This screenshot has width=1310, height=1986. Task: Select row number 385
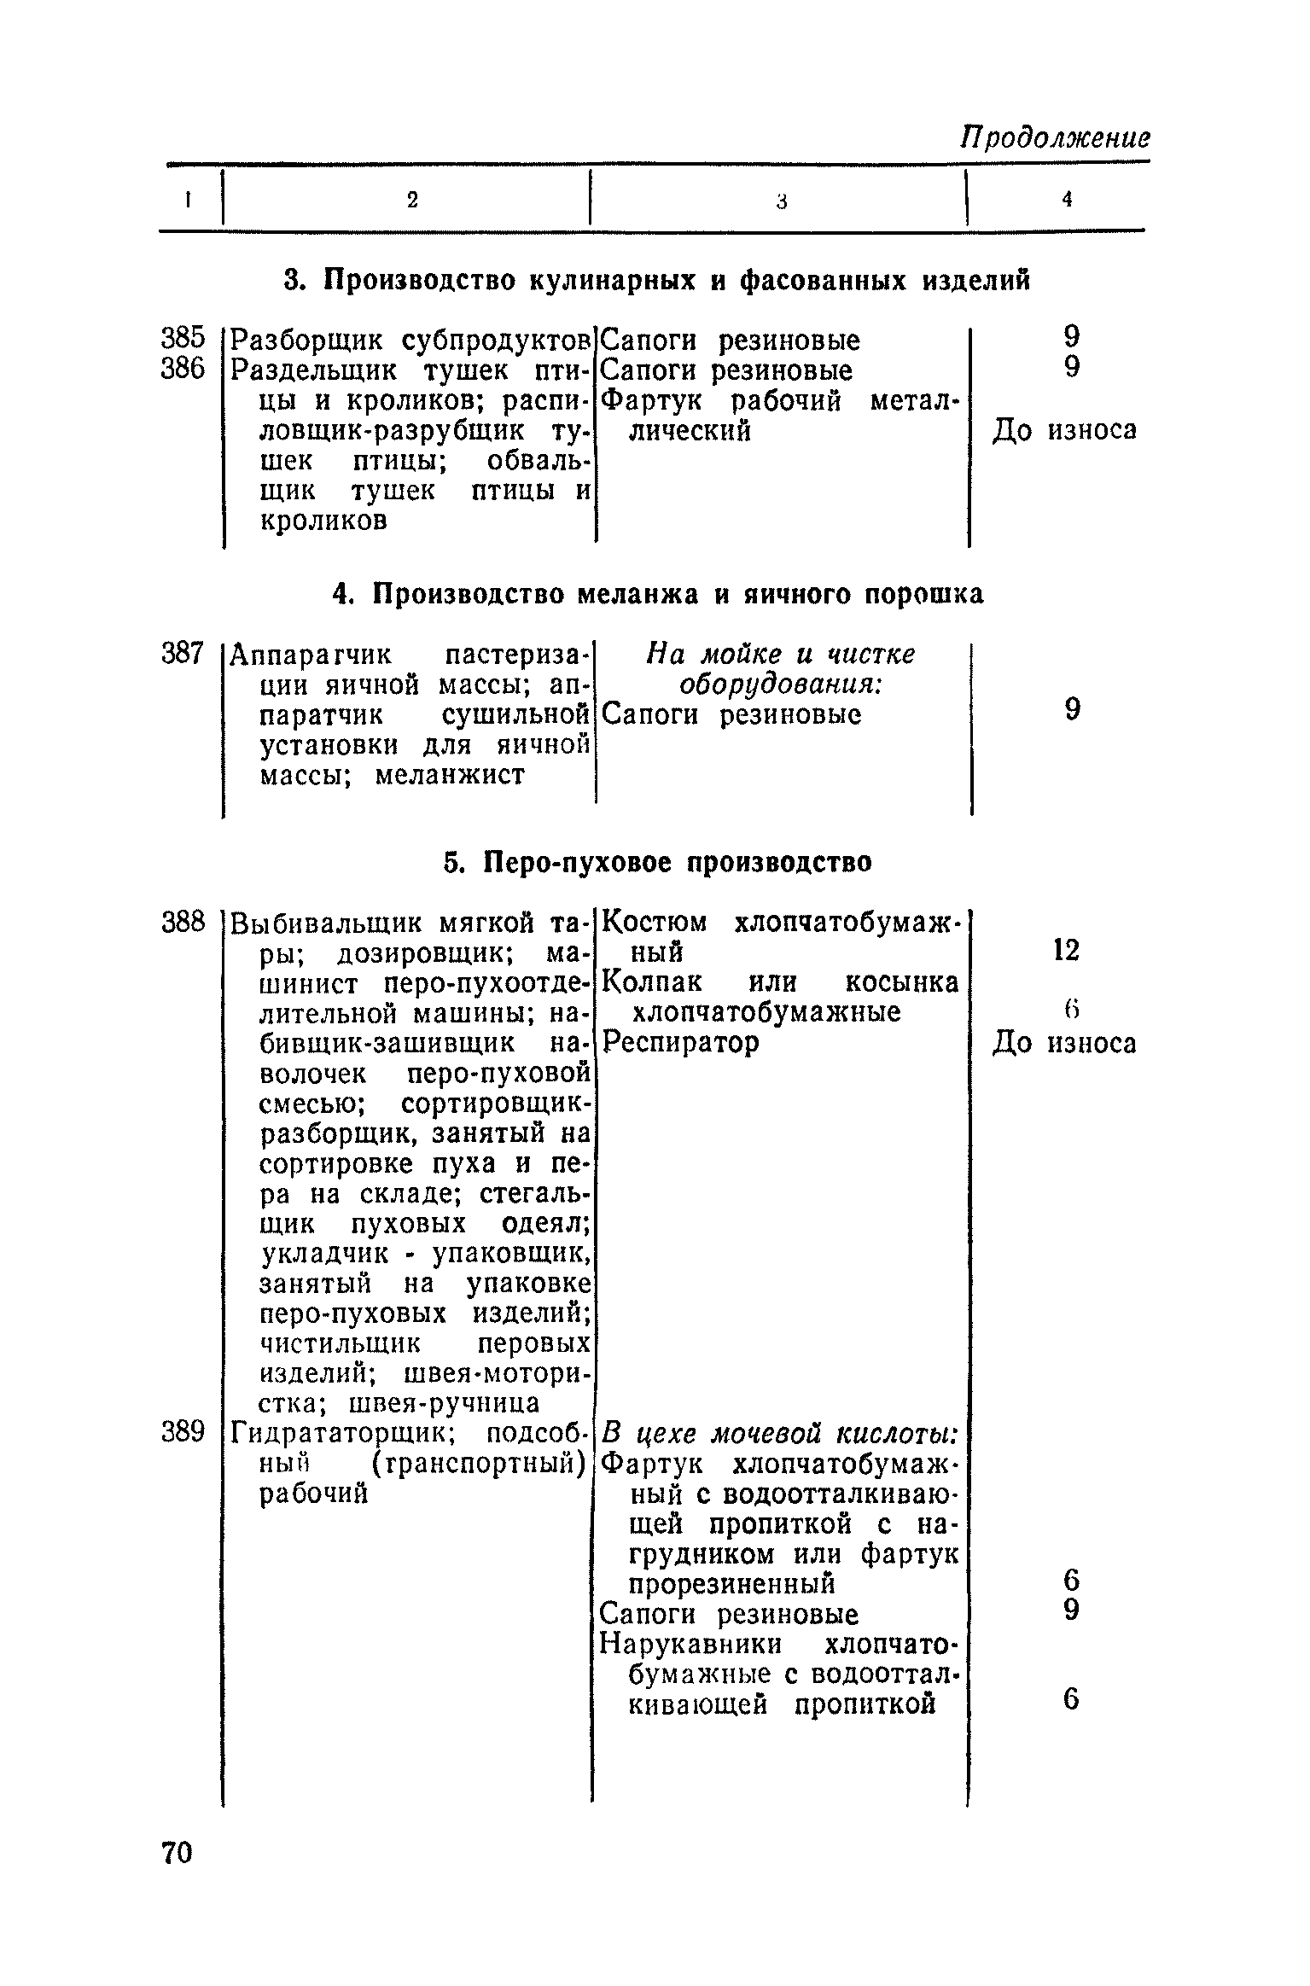tap(183, 339)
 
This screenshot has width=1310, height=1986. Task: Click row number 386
tap(183, 369)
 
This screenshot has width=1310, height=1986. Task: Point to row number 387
tap(183, 655)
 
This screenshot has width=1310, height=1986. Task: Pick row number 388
tap(183, 922)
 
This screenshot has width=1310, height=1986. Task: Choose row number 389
tap(183, 1432)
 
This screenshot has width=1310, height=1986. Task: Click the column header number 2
tap(413, 200)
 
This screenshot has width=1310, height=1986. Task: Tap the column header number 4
tap(1067, 199)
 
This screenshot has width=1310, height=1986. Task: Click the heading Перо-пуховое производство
tap(658, 862)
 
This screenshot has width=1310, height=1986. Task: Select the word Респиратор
tap(680, 1043)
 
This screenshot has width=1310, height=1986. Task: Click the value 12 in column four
tap(1067, 950)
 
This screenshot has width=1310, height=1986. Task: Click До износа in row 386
tap(1064, 431)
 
